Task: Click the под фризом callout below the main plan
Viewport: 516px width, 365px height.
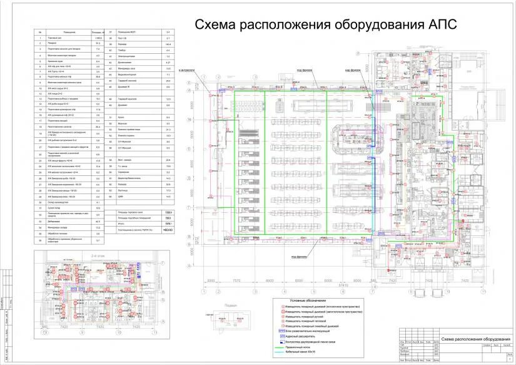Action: [298, 255]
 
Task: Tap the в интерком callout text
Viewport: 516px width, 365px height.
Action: [186, 70]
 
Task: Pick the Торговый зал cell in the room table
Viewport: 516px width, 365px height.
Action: [63, 38]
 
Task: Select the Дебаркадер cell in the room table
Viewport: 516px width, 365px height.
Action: [63, 222]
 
